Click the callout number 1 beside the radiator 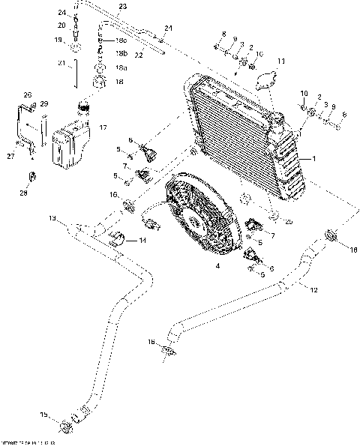click(x=314, y=159)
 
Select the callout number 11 click(x=281, y=61)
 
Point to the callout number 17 click(x=102, y=128)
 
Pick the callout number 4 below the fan click(x=217, y=265)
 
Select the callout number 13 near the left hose click(x=52, y=218)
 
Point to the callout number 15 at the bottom click(x=44, y=415)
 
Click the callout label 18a click(x=121, y=67)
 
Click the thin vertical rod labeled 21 click(x=77, y=76)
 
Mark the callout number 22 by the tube click(x=139, y=55)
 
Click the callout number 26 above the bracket click(x=28, y=95)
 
